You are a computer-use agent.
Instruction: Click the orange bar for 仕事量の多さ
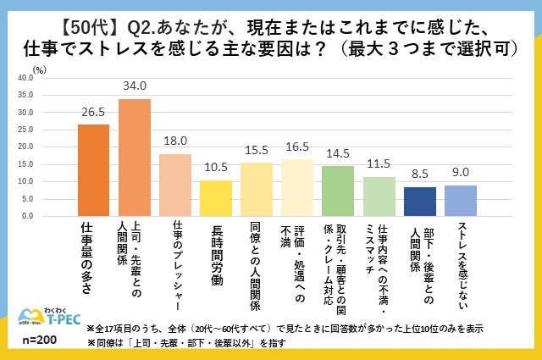[93, 170]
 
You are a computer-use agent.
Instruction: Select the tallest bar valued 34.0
[134, 158]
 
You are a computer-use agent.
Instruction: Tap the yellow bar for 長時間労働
[216, 198]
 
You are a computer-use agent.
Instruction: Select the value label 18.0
[175, 142]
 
